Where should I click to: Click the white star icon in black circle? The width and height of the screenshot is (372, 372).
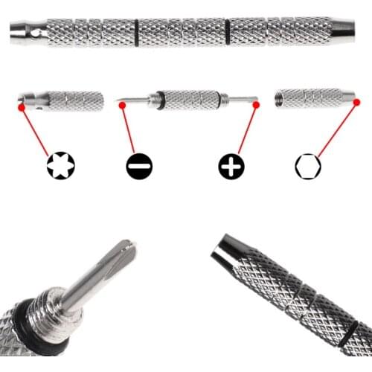[60, 165]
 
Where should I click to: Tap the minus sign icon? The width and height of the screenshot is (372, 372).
[139, 166]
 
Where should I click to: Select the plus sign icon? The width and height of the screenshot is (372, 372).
[231, 166]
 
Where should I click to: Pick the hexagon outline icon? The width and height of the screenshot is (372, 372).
[307, 165]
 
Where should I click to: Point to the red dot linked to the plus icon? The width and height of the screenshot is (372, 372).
[256, 106]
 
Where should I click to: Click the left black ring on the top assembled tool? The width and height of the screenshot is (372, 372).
[136, 31]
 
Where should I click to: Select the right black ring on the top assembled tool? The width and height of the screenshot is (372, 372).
[227, 31]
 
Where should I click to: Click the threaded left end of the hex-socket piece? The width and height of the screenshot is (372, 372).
[281, 96]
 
